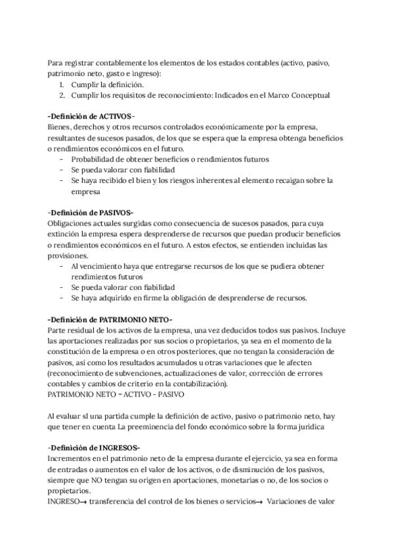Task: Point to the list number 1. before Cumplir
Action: click(61, 85)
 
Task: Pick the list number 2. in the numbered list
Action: click(61, 95)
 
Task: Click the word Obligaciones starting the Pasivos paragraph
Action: click(72, 224)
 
